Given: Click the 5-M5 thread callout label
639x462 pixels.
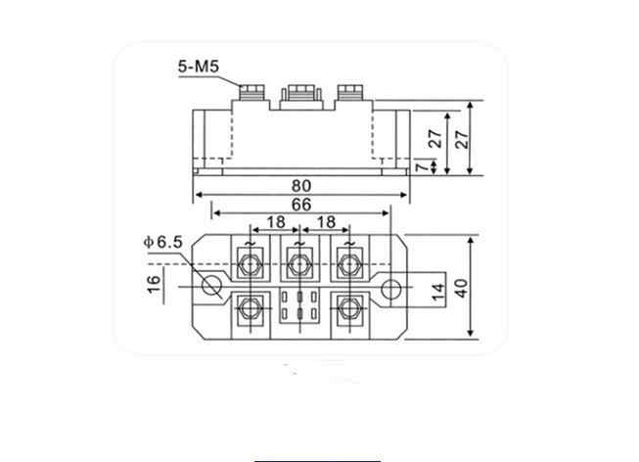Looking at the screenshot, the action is tap(199, 67).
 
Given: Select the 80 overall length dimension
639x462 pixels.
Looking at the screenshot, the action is tap(301, 186).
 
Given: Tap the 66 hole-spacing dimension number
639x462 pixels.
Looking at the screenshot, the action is tap(301, 205).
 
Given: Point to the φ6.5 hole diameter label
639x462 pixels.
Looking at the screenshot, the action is tap(163, 242).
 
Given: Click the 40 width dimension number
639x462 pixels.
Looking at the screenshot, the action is tap(461, 289).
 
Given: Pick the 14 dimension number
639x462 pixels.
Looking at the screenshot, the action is tap(438, 292).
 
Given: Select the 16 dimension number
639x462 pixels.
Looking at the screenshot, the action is tap(154, 284).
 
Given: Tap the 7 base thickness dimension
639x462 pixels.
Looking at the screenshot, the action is tap(423, 166).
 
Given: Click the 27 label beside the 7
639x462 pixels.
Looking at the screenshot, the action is tap(435, 139).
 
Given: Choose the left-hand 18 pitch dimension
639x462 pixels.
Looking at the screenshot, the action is tap(276, 222).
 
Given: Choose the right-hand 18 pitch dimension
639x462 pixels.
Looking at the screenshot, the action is tap(326, 222).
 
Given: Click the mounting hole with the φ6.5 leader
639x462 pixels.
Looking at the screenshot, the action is tap(212, 286).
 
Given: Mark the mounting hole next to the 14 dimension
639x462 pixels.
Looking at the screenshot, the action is tap(391, 289).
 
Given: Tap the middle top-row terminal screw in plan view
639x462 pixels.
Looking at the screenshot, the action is tap(299, 265).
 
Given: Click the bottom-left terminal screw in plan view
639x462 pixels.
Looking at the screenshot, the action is tap(251, 308).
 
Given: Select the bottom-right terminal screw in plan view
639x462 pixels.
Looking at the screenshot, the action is tap(350, 308).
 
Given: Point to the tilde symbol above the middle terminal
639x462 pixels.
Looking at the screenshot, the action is tap(299, 244).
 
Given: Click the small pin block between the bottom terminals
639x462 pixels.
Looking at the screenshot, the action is tap(299, 305).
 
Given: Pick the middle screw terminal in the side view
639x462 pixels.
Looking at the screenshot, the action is tap(300, 97).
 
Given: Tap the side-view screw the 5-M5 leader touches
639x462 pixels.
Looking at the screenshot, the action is tap(251, 93).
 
